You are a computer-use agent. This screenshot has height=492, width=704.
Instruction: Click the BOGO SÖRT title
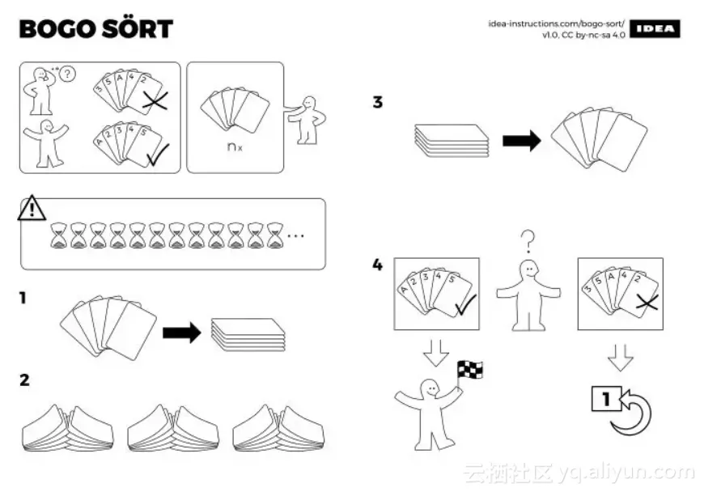(96, 29)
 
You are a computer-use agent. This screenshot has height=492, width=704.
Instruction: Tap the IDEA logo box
(655, 29)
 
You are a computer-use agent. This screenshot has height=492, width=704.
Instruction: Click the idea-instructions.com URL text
(557, 23)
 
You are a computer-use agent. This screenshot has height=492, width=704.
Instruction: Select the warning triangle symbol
(32, 209)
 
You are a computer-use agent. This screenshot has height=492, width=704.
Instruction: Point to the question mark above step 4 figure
(528, 240)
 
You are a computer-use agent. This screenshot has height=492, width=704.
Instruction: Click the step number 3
(377, 103)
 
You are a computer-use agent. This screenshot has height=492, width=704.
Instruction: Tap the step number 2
(24, 379)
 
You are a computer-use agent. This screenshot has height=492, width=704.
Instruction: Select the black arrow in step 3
(521, 142)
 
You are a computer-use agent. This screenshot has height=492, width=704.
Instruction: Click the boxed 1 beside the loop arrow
(602, 399)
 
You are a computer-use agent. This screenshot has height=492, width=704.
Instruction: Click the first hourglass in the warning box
(59, 235)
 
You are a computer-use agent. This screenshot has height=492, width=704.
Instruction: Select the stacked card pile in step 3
(452, 140)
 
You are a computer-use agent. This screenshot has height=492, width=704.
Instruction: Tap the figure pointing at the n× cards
(307, 119)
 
